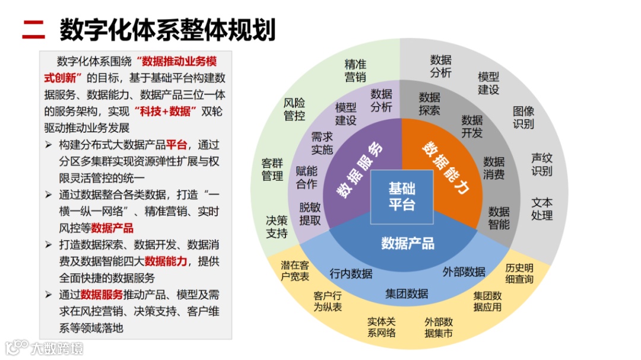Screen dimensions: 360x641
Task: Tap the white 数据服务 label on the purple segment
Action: (360, 170)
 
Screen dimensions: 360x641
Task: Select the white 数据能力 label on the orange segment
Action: (445, 168)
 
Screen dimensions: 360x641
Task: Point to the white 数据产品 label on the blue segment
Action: (408, 243)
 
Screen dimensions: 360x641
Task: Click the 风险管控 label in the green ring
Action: (294, 109)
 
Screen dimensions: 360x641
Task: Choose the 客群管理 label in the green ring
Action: (272, 170)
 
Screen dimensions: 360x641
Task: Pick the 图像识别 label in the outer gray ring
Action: (523, 117)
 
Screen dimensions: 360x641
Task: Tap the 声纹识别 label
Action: (541, 165)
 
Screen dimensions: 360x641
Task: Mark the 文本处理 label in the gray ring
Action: (541, 209)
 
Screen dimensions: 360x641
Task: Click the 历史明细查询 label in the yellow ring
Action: (519, 273)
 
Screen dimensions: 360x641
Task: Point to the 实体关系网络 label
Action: (381, 327)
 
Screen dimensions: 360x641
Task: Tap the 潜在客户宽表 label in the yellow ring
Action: (295, 271)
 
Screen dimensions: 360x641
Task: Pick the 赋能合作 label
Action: (306, 177)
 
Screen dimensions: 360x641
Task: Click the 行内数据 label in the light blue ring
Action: (351, 273)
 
